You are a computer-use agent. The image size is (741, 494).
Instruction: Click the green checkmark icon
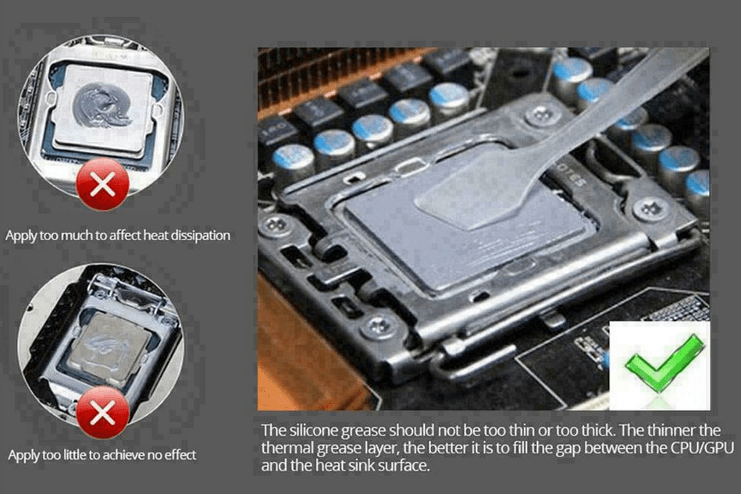664,364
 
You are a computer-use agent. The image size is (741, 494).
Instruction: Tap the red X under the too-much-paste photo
102,183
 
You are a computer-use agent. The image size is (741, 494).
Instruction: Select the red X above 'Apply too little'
102,412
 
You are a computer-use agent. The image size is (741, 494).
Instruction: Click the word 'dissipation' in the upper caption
200,235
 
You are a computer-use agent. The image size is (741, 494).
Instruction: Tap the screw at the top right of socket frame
542,116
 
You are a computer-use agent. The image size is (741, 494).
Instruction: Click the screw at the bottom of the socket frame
379,327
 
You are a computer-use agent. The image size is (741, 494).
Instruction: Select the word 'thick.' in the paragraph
597,430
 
